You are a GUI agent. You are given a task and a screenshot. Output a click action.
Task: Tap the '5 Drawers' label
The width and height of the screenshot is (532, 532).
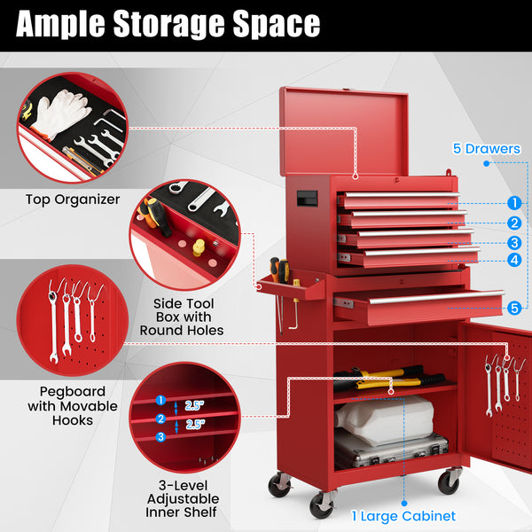pos(486,149)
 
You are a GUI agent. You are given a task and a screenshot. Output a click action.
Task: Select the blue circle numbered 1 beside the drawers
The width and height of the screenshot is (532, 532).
pos(514,202)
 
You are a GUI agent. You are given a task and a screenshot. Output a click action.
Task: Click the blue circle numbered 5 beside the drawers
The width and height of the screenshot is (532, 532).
pos(514,308)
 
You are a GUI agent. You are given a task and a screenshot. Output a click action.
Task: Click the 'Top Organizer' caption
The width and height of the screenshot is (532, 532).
pos(72,199)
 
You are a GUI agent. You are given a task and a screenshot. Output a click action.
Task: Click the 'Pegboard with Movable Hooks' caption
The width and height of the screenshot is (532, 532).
pos(73,405)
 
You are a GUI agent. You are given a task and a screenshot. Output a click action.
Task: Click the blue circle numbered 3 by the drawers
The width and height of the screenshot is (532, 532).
pos(514,242)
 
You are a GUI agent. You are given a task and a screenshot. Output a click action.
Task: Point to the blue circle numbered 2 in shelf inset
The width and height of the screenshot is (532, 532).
pos(161,418)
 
